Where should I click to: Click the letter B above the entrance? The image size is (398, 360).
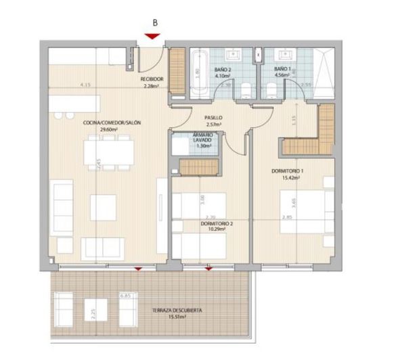155,22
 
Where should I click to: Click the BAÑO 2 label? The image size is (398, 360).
223,70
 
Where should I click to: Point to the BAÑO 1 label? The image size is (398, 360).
283,70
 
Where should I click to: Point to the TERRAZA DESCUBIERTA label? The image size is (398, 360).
177,311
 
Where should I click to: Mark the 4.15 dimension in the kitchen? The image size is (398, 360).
85,85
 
